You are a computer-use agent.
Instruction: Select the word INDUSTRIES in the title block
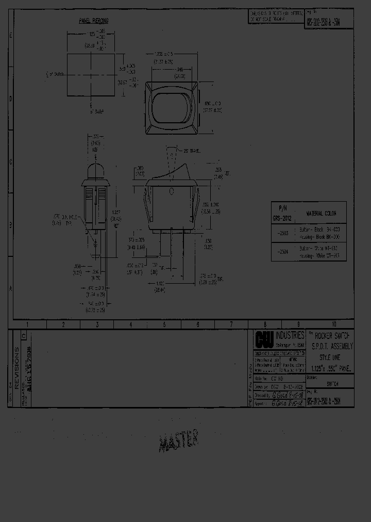pos(290,335)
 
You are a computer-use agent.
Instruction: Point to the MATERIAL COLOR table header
pos(322,213)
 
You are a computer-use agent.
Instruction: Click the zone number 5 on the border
pos(164,324)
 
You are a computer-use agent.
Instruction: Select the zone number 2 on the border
pos(63,324)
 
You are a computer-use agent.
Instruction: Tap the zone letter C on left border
pos(10,161)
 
